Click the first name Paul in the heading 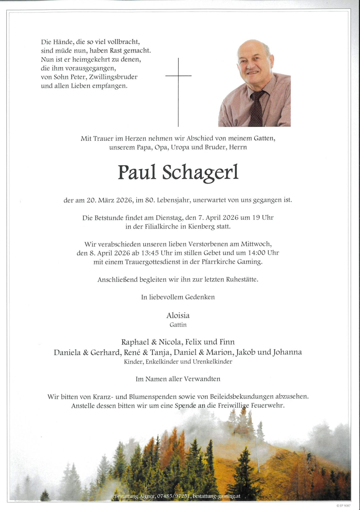tap(137, 172)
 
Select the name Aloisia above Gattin tap(178, 316)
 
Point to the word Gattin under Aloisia tap(178, 325)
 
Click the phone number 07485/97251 tap(174, 496)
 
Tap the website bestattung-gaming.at tap(216, 496)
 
